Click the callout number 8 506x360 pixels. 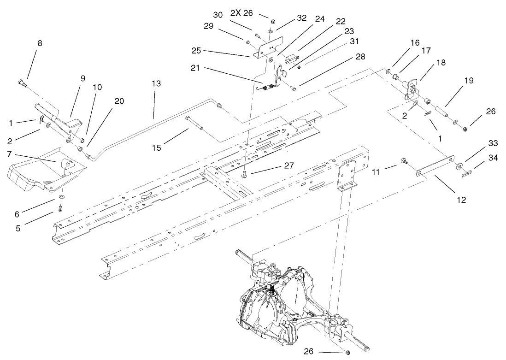(40, 43)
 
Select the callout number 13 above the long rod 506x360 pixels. (156, 83)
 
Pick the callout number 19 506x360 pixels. (469, 80)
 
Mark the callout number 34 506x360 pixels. (480, 158)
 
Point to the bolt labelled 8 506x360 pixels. (21, 83)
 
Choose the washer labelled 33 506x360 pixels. (460, 165)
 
